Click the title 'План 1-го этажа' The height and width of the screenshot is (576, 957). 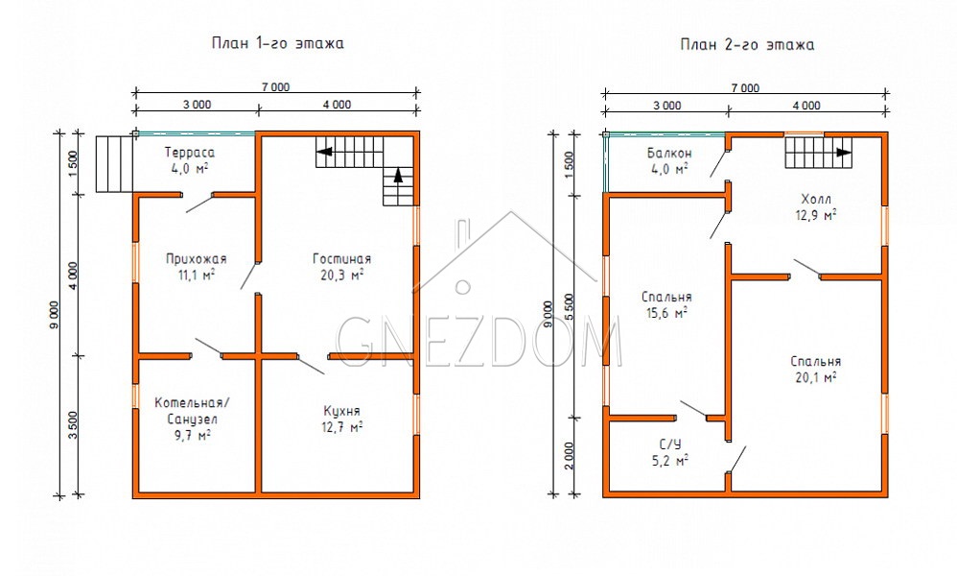point(278,43)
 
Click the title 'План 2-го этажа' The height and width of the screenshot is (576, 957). point(747,44)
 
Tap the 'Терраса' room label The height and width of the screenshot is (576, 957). point(190,153)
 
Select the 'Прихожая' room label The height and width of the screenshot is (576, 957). point(196,259)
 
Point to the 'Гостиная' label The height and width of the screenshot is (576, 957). point(341,259)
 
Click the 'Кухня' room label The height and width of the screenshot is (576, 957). point(341,411)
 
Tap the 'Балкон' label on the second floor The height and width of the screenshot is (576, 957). point(669,154)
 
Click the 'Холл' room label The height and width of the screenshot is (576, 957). point(816,199)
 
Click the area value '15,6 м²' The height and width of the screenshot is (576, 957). point(666,313)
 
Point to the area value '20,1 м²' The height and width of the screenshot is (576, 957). point(815,377)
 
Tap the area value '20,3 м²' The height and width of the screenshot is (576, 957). point(341,275)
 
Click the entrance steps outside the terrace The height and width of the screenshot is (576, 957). point(114,164)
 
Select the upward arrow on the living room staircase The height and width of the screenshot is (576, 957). point(398,176)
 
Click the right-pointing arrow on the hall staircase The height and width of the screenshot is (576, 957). point(844,152)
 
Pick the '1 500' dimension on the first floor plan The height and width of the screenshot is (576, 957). point(73,163)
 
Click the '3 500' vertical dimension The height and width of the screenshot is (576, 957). point(73,425)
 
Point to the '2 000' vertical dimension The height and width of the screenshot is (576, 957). point(569,456)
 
